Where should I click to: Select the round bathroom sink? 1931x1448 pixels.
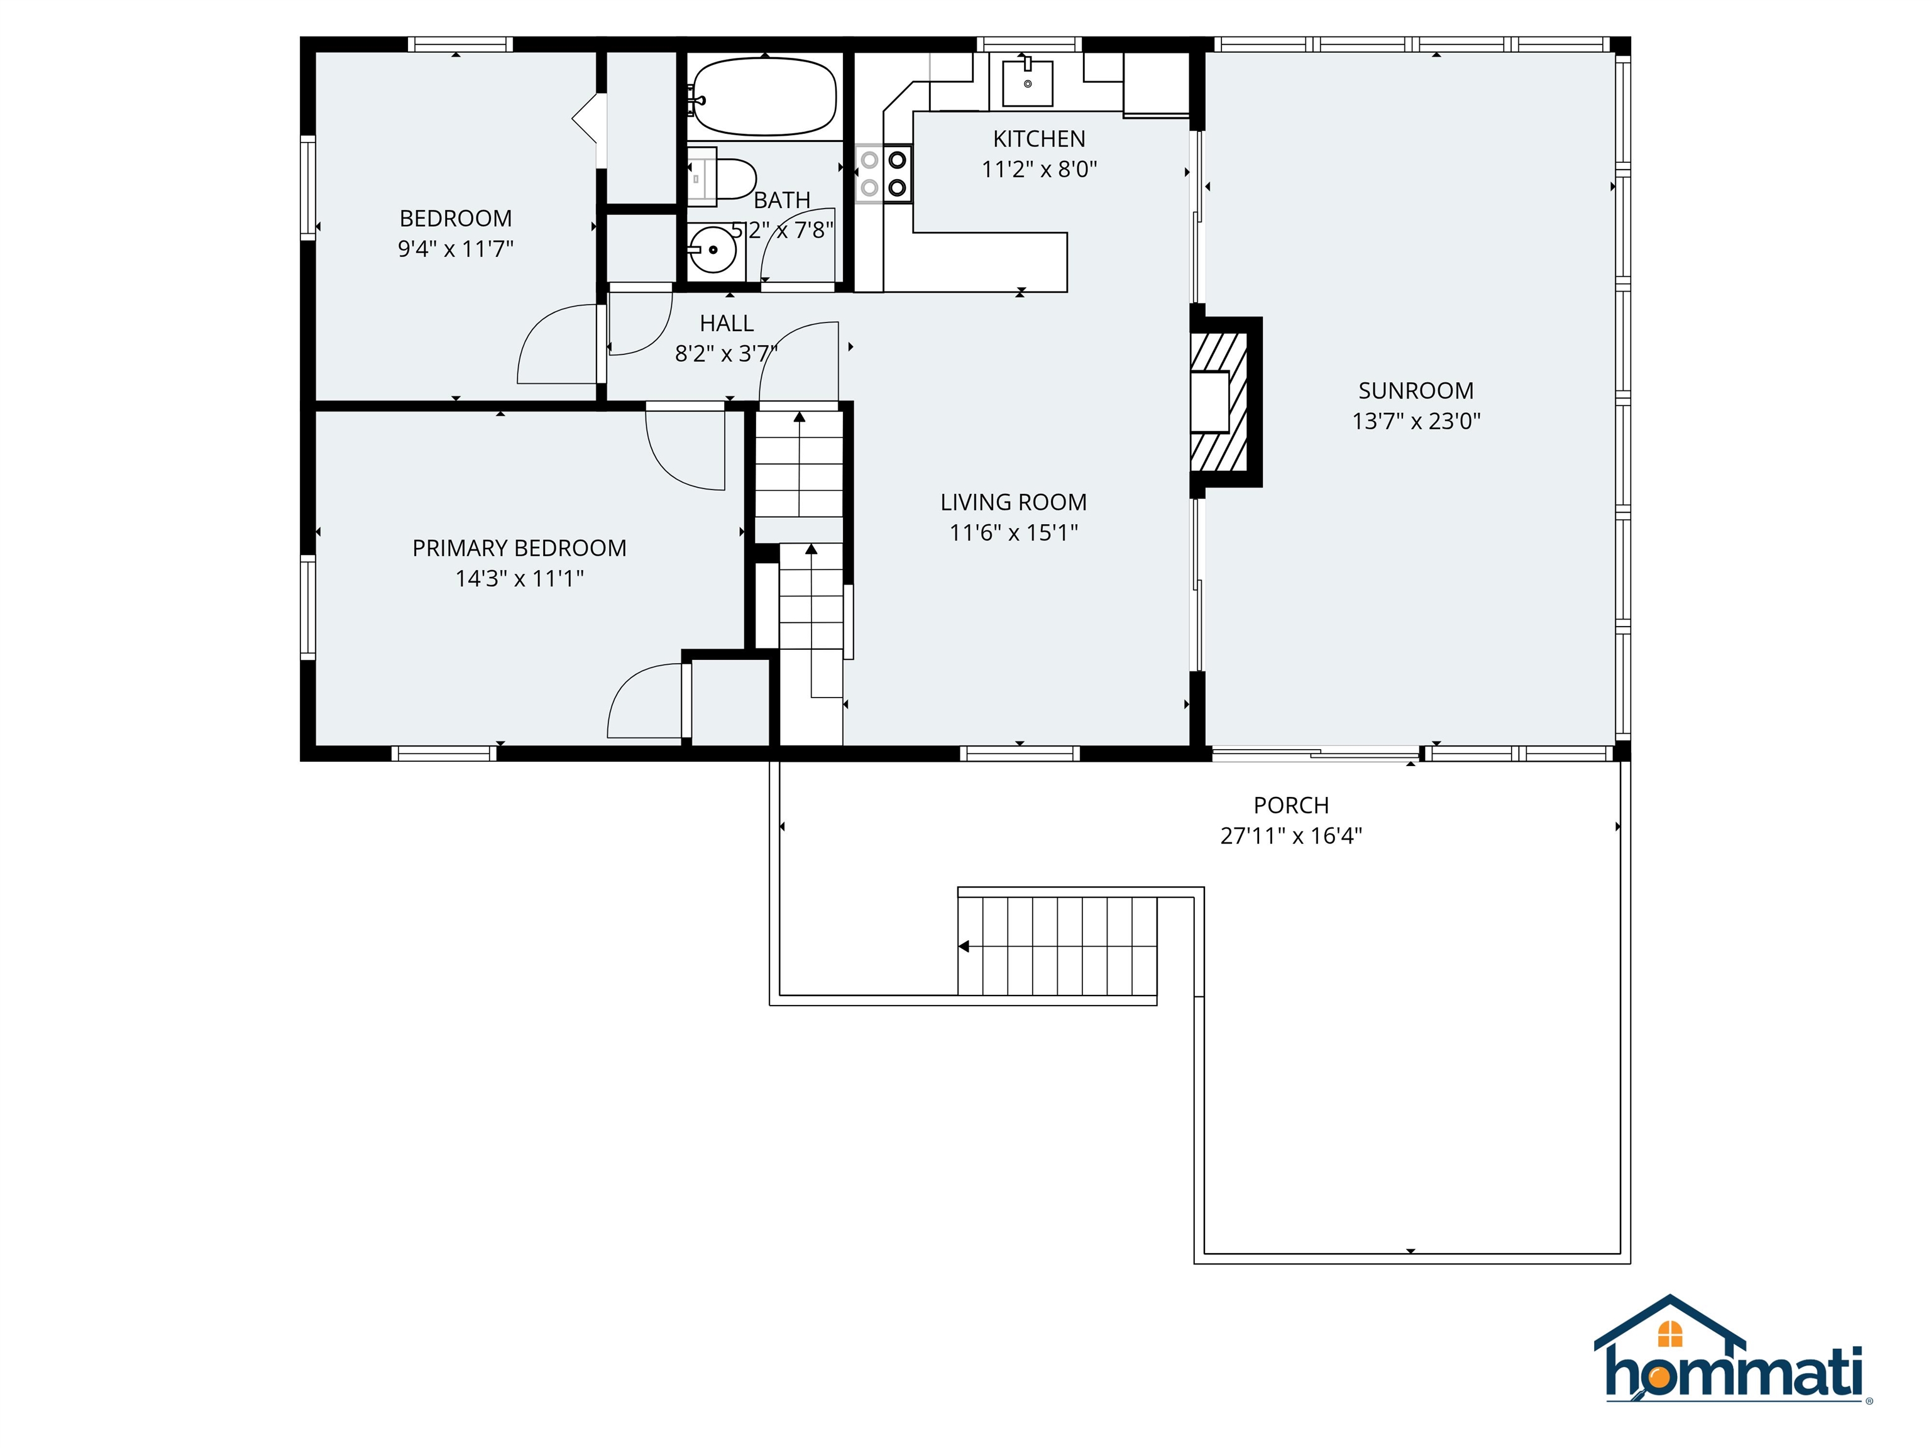pos(713,250)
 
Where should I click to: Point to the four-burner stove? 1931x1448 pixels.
pos(883,173)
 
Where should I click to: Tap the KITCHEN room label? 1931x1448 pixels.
pos(1039,139)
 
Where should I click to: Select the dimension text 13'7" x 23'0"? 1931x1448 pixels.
pos(1416,420)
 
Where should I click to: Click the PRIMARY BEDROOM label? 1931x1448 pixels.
pos(519,548)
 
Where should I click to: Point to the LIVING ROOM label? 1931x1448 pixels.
pos(1013,502)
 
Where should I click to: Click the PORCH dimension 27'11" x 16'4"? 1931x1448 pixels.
pos(1291,835)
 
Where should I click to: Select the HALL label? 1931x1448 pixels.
pos(726,323)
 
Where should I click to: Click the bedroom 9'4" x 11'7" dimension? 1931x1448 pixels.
pos(456,249)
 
